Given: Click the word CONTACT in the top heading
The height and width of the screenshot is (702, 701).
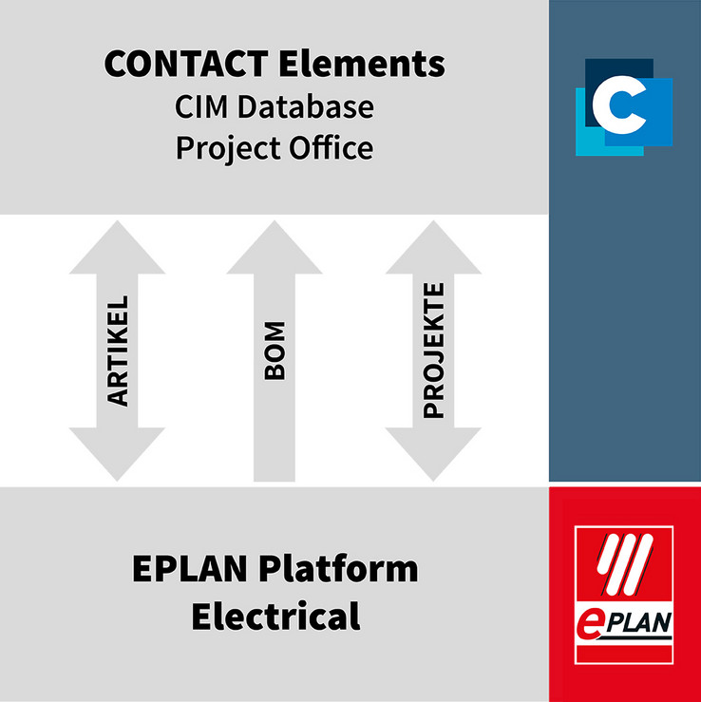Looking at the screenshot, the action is coord(186,64).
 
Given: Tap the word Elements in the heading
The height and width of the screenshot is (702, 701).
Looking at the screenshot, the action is coord(362,64).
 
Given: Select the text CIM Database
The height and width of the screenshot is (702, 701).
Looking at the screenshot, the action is coord(275,107).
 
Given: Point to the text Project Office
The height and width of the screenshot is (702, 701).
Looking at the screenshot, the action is coord(275,148).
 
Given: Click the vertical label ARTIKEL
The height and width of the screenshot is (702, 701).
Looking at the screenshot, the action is coord(117,351).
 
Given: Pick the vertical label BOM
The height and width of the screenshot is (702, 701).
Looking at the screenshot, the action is coord(275,351).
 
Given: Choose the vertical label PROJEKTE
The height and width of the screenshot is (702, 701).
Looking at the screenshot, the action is coord(433,351).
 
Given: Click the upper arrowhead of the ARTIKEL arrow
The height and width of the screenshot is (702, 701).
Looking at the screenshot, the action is coord(117,249).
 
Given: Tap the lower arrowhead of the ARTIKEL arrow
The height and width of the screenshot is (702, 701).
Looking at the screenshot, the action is coord(117,453).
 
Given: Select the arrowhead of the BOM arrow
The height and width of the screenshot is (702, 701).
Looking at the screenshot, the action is coord(275,249).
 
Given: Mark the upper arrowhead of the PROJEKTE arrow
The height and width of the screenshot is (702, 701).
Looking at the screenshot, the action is coord(433,249).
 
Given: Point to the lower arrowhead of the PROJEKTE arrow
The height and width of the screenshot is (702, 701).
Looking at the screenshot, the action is coord(433,453).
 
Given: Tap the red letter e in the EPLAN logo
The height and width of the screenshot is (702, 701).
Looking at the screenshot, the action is coord(590,625).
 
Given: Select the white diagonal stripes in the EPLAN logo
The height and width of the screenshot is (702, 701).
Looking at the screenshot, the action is coord(625,563).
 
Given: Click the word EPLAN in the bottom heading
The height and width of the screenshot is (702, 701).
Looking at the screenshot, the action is coord(190,569).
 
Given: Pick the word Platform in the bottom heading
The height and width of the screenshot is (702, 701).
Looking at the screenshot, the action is coord(338,569).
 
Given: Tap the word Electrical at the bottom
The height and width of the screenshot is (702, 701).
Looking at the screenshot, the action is coord(275,617).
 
